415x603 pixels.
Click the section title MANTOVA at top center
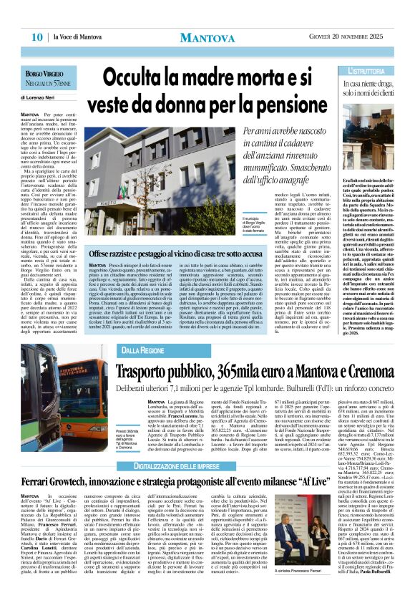click(207, 38)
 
